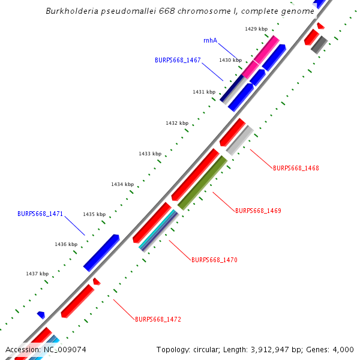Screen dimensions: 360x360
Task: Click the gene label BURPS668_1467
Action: coord(178,60)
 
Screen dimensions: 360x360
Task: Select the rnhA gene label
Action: coord(210,41)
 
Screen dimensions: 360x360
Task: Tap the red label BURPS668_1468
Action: coord(296,168)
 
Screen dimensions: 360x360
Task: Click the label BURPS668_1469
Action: coord(258,211)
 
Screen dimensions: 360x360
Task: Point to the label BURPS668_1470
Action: coord(214,260)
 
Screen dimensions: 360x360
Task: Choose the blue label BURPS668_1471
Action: coord(40,214)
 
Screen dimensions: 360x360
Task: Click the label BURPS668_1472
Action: coord(158,319)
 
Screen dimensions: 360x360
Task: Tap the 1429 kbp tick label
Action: coord(256,29)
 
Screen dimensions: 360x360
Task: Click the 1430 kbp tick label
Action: coord(230,60)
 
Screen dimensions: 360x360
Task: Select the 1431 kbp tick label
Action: coord(204,92)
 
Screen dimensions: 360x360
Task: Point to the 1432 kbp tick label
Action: coord(177,123)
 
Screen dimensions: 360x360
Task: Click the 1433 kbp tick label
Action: coord(150,154)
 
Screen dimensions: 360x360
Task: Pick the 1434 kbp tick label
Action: coord(122,184)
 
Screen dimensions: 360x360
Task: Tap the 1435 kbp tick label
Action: coord(94,214)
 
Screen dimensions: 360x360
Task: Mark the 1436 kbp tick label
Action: coord(66,244)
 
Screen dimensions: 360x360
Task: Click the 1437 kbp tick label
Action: coord(37,274)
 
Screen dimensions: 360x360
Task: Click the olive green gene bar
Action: coord(202,182)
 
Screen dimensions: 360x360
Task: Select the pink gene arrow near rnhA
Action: coord(260,56)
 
